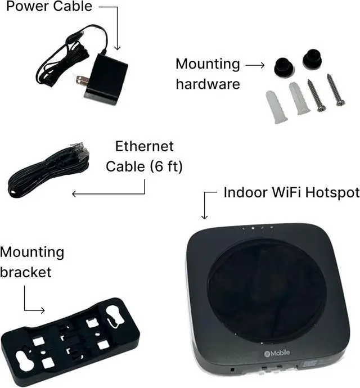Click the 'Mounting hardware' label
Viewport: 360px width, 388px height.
coord(208,74)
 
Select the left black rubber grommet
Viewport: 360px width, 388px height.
coord(285,67)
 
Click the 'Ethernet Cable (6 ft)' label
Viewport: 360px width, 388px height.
coord(145,156)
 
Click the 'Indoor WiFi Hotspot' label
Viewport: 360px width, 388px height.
coord(291,192)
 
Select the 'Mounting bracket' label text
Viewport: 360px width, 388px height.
coord(32,262)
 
